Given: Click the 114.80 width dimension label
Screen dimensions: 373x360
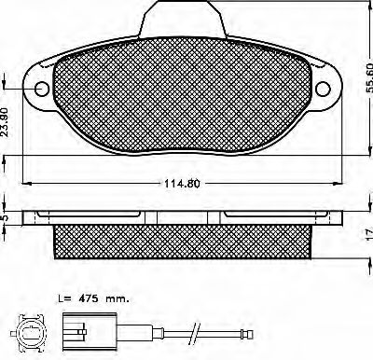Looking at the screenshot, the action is [x=182, y=184].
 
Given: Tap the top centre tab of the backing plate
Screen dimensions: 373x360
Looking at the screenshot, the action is [x=182, y=19].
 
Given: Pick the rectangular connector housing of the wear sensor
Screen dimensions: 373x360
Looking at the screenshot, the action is [x=90, y=333].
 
